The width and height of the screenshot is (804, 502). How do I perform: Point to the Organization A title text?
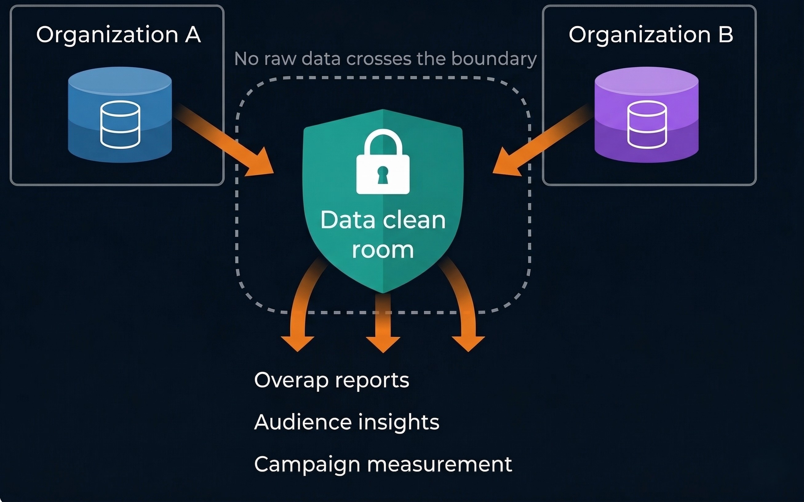118,34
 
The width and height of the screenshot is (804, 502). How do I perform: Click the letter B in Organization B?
726,34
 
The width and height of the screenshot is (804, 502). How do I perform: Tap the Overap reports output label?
331,380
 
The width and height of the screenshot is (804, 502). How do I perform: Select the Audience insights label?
347,422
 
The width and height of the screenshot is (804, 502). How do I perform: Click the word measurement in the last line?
440,464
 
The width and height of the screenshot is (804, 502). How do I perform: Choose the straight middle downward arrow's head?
383,344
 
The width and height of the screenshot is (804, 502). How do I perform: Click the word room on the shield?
383,250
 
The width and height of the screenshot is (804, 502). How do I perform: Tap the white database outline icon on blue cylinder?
120,125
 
